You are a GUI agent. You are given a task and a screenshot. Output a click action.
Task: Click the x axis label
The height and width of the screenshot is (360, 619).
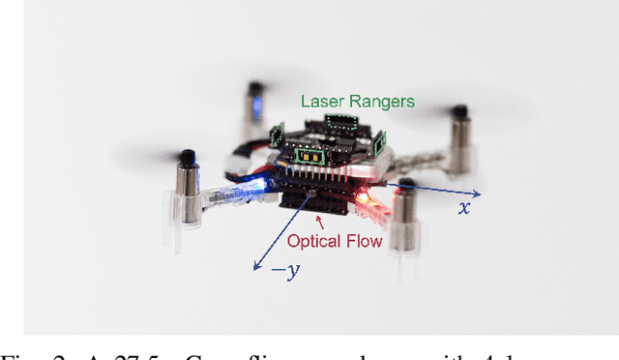(464, 207)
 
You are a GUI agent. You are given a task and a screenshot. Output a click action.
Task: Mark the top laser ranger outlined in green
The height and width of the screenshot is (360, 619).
(339, 121)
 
